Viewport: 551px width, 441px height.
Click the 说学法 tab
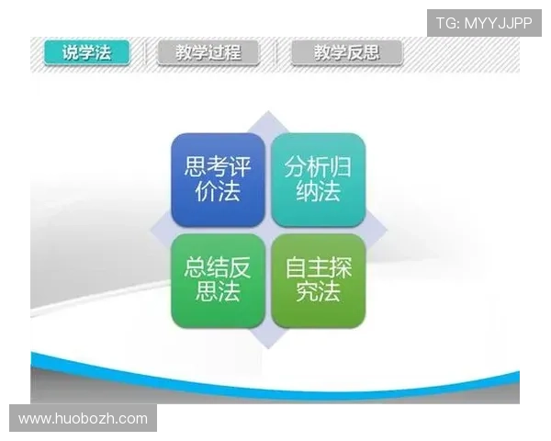[86, 52]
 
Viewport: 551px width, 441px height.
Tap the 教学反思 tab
[346, 52]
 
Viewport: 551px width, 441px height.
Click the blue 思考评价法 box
[218, 180]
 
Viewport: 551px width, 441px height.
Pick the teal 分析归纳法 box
[318, 180]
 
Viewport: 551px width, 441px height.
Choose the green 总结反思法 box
[218, 280]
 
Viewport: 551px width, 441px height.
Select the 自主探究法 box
[318, 280]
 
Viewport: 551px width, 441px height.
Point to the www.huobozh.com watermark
[84, 419]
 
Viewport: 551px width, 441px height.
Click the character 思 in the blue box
[196, 167]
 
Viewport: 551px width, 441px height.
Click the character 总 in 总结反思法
[196, 267]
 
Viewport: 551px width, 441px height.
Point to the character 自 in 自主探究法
[296, 267]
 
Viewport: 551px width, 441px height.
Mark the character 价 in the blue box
[207, 193]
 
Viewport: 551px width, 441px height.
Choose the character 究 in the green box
[307, 293]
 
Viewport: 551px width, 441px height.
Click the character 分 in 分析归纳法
[296, 167]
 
